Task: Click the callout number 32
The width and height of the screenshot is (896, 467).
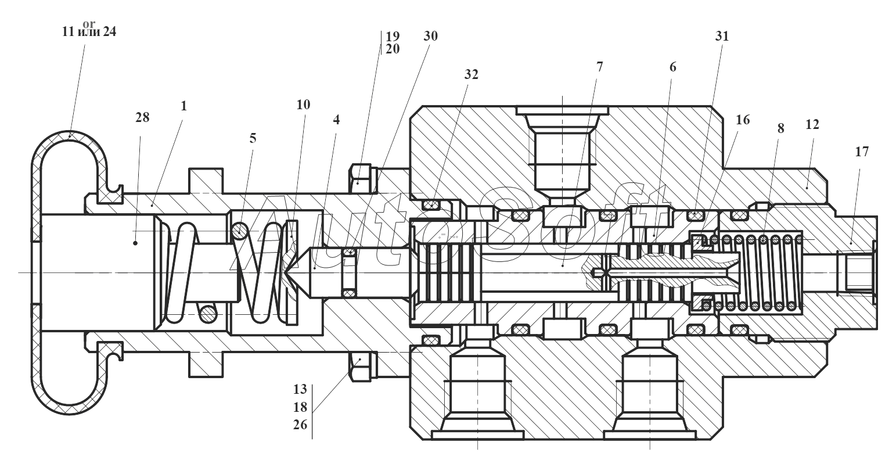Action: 471,74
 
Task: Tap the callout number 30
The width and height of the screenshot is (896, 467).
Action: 431,36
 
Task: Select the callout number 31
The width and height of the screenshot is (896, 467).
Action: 722,36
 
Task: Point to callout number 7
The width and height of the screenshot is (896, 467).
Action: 599,67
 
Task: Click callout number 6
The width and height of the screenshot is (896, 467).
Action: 673,67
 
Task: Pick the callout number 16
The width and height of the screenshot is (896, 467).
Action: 743,120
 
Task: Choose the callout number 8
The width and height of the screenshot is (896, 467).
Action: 781,128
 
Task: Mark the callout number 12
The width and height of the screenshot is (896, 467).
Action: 812,124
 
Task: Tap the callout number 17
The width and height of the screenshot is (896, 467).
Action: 862,152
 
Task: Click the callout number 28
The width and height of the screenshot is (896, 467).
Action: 142,117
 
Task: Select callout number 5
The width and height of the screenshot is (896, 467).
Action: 253,138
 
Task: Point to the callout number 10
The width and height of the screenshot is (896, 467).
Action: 303,105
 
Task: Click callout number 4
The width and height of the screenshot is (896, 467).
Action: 336,120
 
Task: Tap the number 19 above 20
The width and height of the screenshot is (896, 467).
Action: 393,36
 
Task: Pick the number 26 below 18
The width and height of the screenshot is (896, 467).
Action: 300,425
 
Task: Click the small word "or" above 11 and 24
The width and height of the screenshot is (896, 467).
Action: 89,24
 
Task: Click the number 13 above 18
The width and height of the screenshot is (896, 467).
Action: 300,389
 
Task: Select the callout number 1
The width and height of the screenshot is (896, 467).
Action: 183,106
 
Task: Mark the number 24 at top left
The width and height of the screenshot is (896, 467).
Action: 109,31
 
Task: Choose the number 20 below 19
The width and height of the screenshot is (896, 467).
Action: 393,49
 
